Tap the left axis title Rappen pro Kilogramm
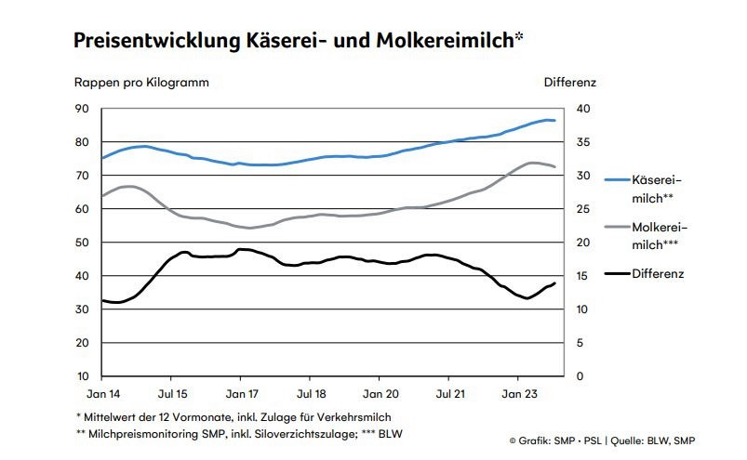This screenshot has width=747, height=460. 141,82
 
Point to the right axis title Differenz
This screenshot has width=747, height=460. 569,82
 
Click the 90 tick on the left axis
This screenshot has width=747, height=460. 81,109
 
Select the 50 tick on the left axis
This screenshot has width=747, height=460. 81,243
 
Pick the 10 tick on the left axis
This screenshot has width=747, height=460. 81,376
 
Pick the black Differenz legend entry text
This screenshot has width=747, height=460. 658,273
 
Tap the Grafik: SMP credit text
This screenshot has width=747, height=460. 548,439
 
